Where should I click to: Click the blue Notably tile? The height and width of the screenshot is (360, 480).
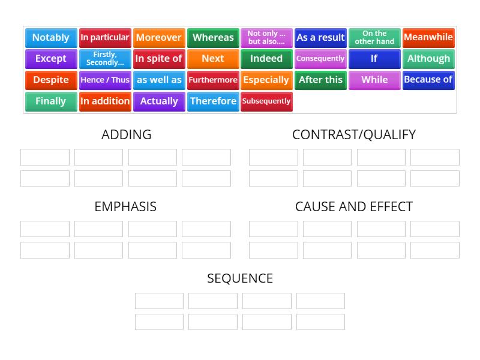[51, 38]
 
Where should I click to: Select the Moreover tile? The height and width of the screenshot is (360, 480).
[159, 38]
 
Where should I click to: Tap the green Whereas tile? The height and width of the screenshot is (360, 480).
[213, 38]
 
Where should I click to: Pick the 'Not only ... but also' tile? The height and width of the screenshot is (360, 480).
[266, 38]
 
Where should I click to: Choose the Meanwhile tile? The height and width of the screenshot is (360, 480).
[428, 38]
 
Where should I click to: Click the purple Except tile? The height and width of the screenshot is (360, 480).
[51, 59]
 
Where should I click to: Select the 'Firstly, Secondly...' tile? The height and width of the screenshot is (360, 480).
[105, 59]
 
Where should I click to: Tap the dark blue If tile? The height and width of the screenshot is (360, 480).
[374, 59]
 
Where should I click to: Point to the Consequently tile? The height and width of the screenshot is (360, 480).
[320, 59]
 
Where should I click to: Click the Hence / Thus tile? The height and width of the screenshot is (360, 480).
[105, 80]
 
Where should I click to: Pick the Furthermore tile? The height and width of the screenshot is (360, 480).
[213, 80]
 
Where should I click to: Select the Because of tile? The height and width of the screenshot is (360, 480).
[428, 80]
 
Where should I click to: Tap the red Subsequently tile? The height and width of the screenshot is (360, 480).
[266, 101]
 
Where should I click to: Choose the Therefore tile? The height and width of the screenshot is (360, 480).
[213, 101]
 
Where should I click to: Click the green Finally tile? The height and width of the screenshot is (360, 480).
[51, 101]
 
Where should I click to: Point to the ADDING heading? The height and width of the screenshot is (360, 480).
[127, 134]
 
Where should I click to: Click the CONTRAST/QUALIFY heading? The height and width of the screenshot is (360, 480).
[354, 134]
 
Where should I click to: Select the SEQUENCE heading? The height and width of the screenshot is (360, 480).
[240, 278]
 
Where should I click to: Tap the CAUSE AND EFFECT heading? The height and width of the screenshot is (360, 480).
[354, 206]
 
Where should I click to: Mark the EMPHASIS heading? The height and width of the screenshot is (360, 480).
[125, 206]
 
